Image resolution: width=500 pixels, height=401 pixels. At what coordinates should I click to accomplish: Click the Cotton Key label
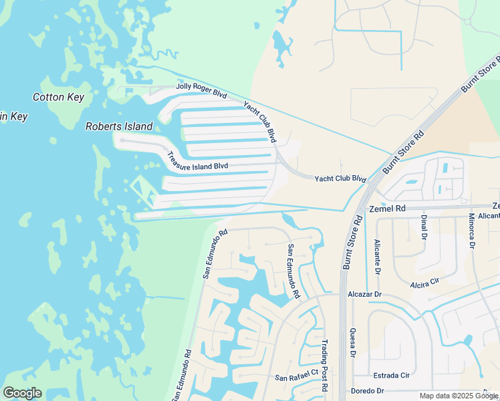click(x=59, y=98)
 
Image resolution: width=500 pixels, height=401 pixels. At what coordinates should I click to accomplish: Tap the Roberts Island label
click(x=119, y=126)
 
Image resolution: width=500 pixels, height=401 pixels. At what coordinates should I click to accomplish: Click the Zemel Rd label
click(x=387, y=209)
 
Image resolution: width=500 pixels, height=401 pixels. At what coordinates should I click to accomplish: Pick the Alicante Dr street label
click(x=378, y=257)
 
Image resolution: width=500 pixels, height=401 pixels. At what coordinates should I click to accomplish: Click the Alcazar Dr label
click(x=364, y=294)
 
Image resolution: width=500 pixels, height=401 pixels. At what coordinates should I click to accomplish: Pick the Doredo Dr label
click(x=367, y=391)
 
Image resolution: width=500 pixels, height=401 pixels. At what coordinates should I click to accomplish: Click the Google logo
click(x=22, y=393)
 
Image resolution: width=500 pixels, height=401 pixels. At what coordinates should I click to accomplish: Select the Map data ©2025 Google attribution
click(x=458, y=396)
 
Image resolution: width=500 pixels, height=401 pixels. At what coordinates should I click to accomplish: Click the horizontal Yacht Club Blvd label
click(x=340, y=179)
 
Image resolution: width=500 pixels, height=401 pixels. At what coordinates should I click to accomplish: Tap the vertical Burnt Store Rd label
click(x=352, y=242)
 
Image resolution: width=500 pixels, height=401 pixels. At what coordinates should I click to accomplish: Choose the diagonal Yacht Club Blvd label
click(x=260, y=121)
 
